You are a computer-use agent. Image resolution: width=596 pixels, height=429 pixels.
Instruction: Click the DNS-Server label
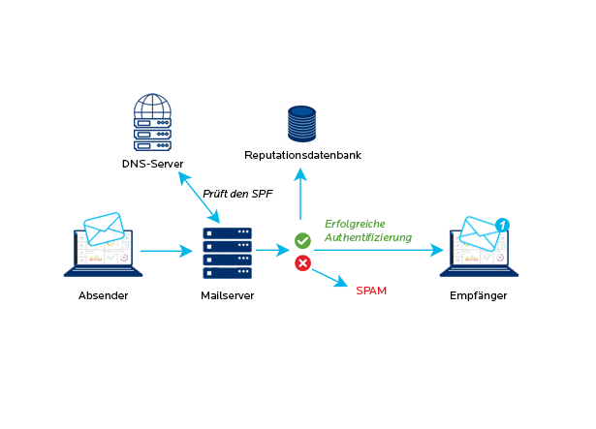tap(152, 164)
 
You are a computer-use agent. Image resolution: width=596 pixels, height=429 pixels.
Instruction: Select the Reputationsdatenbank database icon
tap(301, 123)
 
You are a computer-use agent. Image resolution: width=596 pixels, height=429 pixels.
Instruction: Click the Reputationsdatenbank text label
tap(301, 155)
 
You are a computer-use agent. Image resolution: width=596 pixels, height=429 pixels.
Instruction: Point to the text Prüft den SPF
tap(237, 193)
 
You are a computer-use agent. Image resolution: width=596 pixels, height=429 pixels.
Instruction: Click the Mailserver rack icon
tap(227, 252)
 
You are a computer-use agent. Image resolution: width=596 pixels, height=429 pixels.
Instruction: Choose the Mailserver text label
tap(227, 294)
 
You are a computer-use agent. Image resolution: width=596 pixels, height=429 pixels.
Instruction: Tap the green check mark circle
tap(302, 239)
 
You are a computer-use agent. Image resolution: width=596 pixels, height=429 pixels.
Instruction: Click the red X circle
tap(302, 262)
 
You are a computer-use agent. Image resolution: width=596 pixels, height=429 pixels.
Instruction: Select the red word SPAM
tap(371, 290)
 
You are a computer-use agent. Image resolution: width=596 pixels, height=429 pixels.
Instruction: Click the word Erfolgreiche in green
tap(356, 223)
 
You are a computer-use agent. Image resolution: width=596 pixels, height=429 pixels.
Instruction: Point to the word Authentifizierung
tap(368, 237)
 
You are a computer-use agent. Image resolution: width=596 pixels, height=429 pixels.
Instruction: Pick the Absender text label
tap(103, 294)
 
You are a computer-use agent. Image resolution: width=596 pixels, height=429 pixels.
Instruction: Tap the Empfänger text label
tap(479, 294)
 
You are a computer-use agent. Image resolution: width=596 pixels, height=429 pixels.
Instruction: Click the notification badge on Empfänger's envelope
tap(502, 225)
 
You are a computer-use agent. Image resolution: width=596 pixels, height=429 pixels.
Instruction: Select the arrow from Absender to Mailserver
tap(167, 252)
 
